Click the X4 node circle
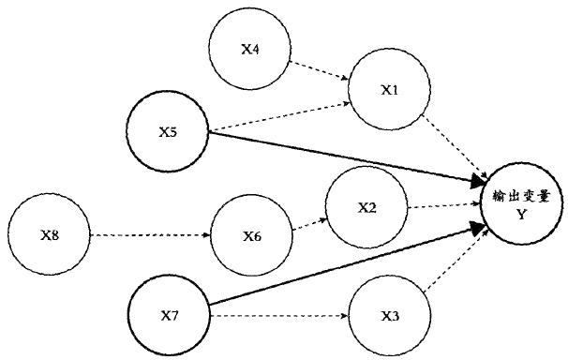(249, 50)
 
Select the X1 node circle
(389, 90)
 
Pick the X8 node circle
(48, 233)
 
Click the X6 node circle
(251, 235)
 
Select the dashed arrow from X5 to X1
(279, 113)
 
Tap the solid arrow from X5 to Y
(347, 157)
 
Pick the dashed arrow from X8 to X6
(150, 234)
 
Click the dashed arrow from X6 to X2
(309, 222)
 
